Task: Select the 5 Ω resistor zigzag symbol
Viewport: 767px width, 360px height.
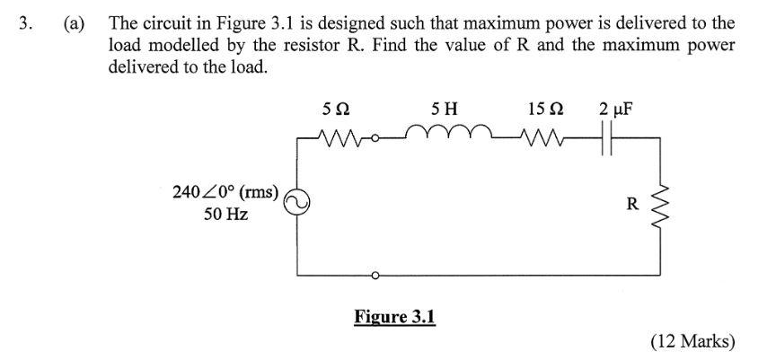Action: (339, 139)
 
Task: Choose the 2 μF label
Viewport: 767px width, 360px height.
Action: (614, 110)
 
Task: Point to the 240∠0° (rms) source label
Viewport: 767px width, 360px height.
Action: (226, 191)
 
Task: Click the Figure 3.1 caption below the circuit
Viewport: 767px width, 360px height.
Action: (394, 317)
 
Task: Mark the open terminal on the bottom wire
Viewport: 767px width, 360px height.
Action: (376, 275)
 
